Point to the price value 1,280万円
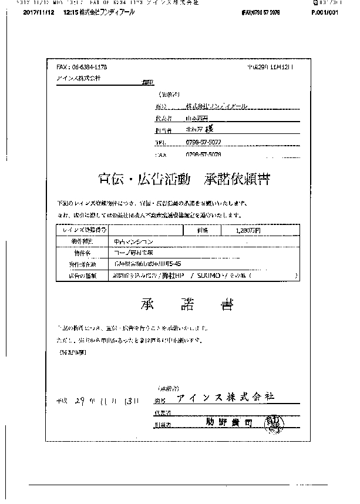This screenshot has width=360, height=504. point(247,231)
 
